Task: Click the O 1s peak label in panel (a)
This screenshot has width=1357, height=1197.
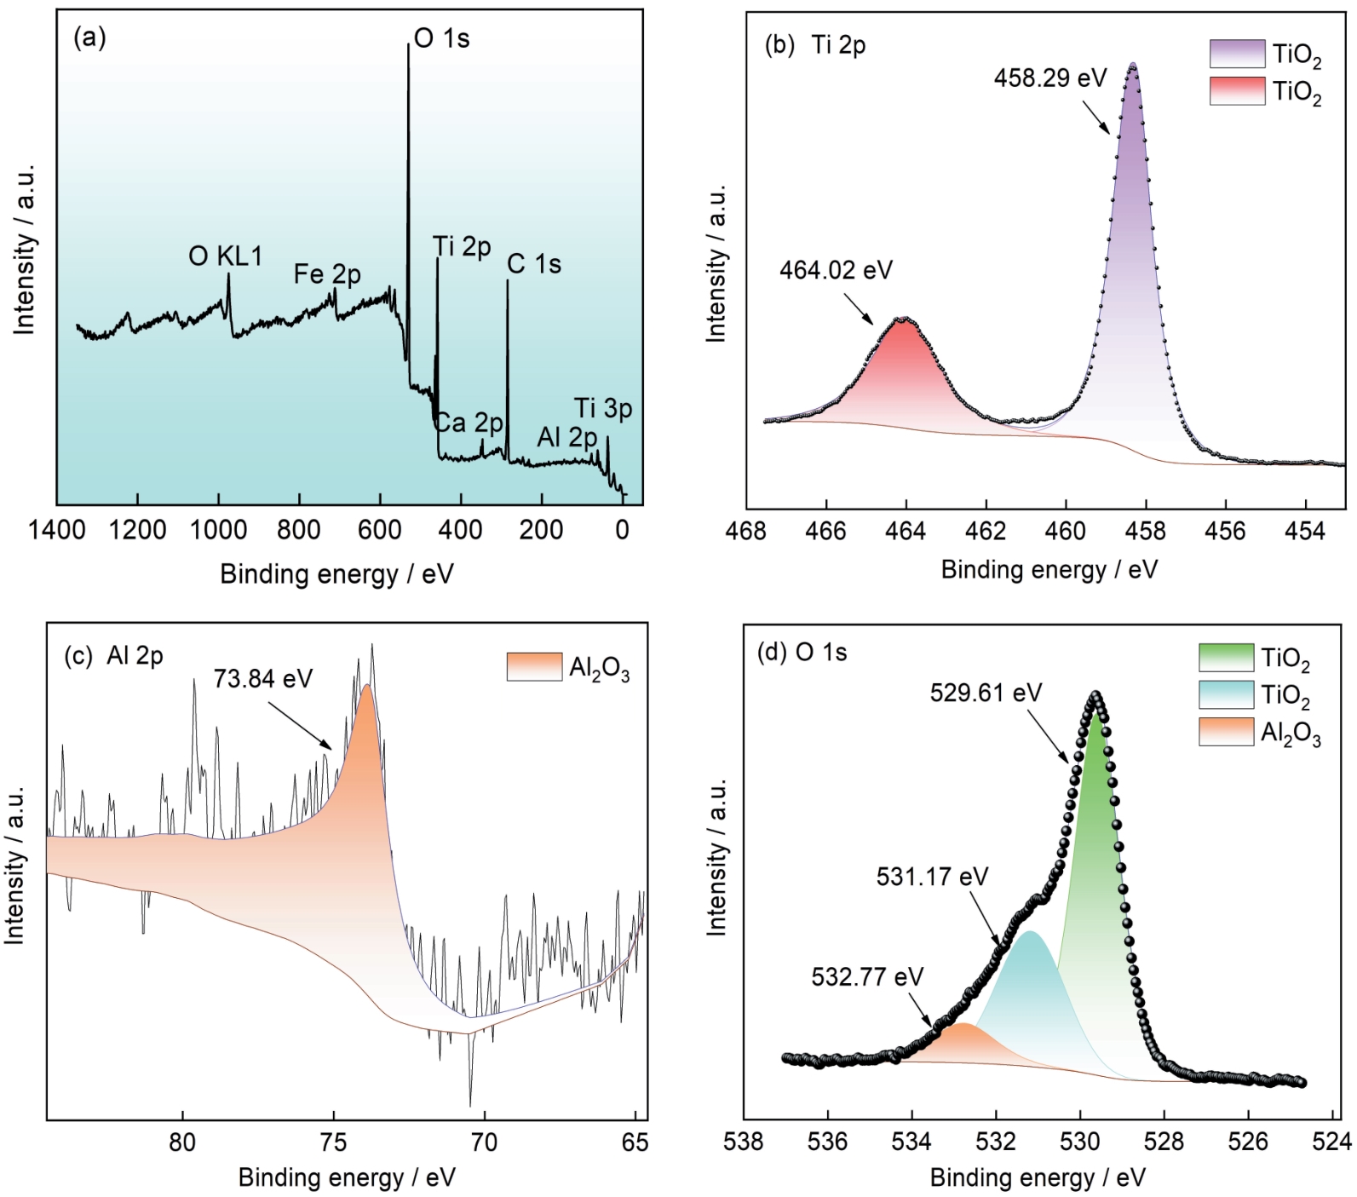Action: click(441, 38)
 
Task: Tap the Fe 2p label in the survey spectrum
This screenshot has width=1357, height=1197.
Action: click(327, 274)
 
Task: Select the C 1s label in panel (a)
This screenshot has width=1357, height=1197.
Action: click(534, 264)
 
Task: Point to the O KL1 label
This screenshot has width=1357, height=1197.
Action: click(226, 256)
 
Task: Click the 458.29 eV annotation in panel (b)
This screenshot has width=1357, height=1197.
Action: click(1049, 78)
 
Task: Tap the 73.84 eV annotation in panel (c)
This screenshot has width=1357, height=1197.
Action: click(263, 679)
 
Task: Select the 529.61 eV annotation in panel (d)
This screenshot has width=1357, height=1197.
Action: click(986, 693)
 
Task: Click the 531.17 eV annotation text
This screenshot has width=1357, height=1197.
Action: click(932, 877)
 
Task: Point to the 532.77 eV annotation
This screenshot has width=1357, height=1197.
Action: click(867, 976)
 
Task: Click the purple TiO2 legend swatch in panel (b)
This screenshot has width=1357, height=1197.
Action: click(1237, 54)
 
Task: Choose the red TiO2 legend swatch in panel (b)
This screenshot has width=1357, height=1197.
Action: click(1237, 90)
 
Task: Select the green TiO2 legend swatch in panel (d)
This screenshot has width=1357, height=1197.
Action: click(1226, 658)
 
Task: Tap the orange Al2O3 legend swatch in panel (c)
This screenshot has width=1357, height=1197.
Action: click(534, 666)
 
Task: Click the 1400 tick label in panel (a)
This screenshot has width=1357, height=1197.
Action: click(56, 531)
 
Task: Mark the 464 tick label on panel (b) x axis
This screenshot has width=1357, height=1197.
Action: click(906, 532)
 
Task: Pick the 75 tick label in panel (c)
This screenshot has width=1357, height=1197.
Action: click(333, 1142)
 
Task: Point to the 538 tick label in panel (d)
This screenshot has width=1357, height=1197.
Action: click(744, 1141)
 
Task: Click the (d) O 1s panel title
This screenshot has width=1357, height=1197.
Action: click(802, 653)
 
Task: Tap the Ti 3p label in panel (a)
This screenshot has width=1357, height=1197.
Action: click(603, 409)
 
